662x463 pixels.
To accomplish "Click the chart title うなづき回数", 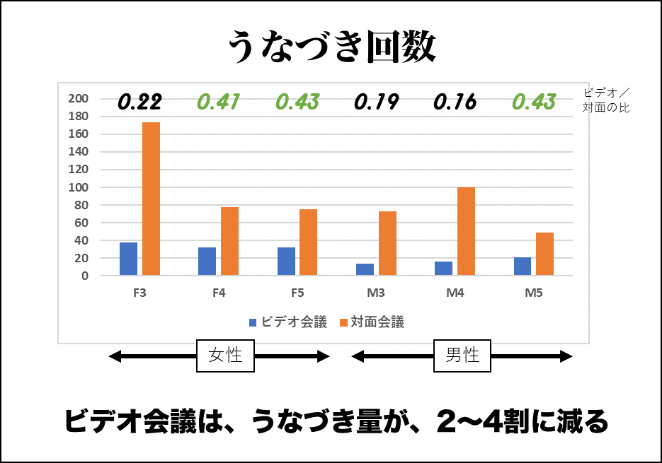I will coord(331,47).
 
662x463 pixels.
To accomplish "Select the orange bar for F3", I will coord(151,199).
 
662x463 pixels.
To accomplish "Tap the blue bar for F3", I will coord(128,259).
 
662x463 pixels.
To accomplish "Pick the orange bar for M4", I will coord(466,231).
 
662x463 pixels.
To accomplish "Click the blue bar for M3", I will coord(365,269).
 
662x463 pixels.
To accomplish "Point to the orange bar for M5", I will coord(544,254).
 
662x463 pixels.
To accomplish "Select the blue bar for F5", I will coord(286,261).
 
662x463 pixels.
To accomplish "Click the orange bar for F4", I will coord(229,241).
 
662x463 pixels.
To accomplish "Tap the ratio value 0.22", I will coord(139,102).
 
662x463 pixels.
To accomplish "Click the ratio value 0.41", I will coord(219,102).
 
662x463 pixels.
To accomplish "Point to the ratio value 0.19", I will coord(376,102).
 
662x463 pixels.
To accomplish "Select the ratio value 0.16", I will coord(455,102).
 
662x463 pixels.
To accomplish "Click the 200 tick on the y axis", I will coord(78,98).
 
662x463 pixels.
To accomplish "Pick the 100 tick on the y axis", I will coord(78,187).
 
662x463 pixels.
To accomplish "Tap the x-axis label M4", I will coord(455,292).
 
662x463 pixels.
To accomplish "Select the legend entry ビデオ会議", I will coord(288,322).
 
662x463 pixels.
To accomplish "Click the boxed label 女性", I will coord(225,356).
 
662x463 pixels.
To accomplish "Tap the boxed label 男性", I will coord(462,356).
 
